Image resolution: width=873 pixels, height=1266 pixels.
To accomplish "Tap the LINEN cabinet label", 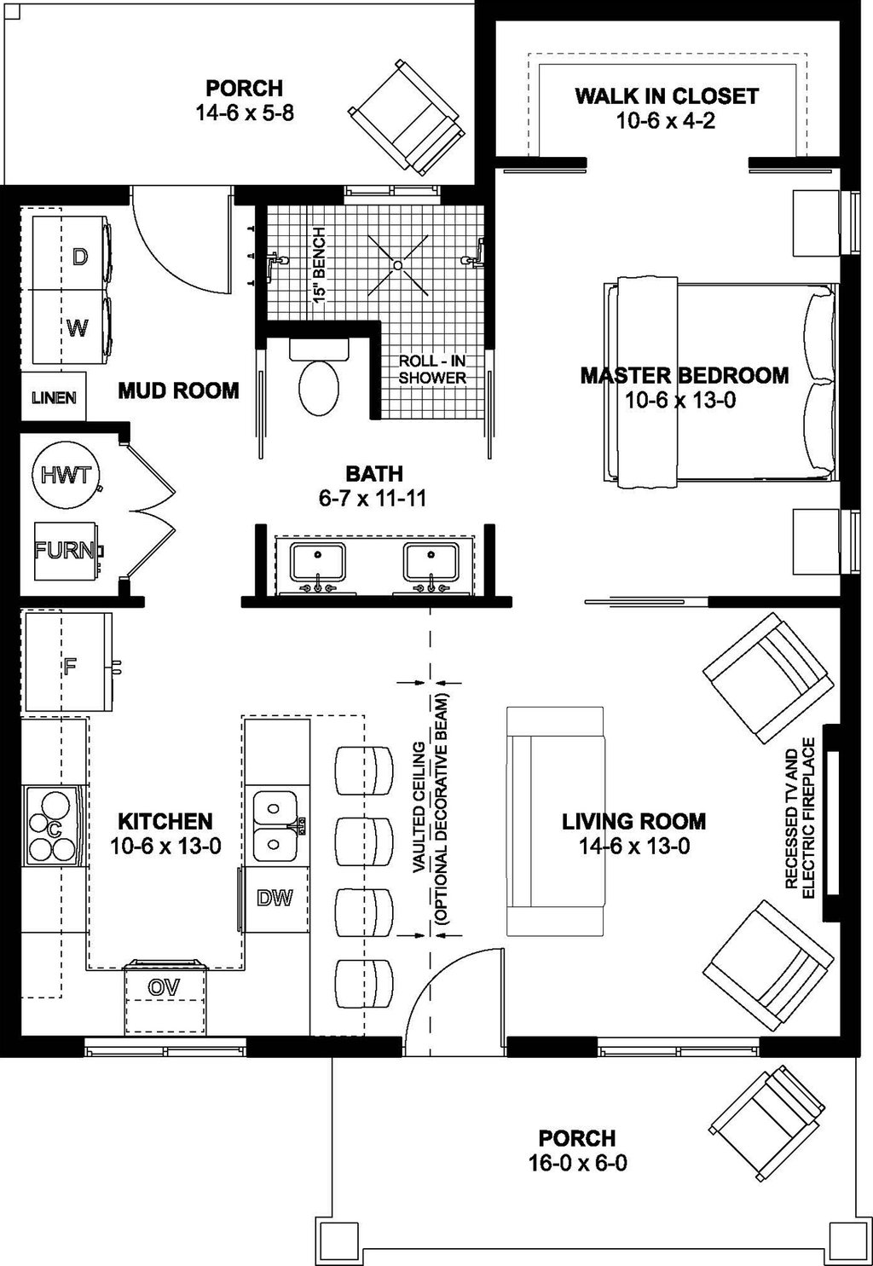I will pos(54,397).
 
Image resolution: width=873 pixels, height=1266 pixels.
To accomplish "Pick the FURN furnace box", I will pos(66,550).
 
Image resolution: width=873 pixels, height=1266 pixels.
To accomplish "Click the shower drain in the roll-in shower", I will pos(398,266).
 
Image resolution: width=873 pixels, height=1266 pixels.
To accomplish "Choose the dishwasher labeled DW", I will pos(275,898).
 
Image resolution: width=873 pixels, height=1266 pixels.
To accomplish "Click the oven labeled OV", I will pos(165,987).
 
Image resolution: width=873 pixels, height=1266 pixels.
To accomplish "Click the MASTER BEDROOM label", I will pos(684,375).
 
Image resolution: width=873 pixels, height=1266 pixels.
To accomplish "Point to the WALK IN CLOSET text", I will pos(666,95).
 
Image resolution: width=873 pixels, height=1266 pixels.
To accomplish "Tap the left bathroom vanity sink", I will pos(317,564).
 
